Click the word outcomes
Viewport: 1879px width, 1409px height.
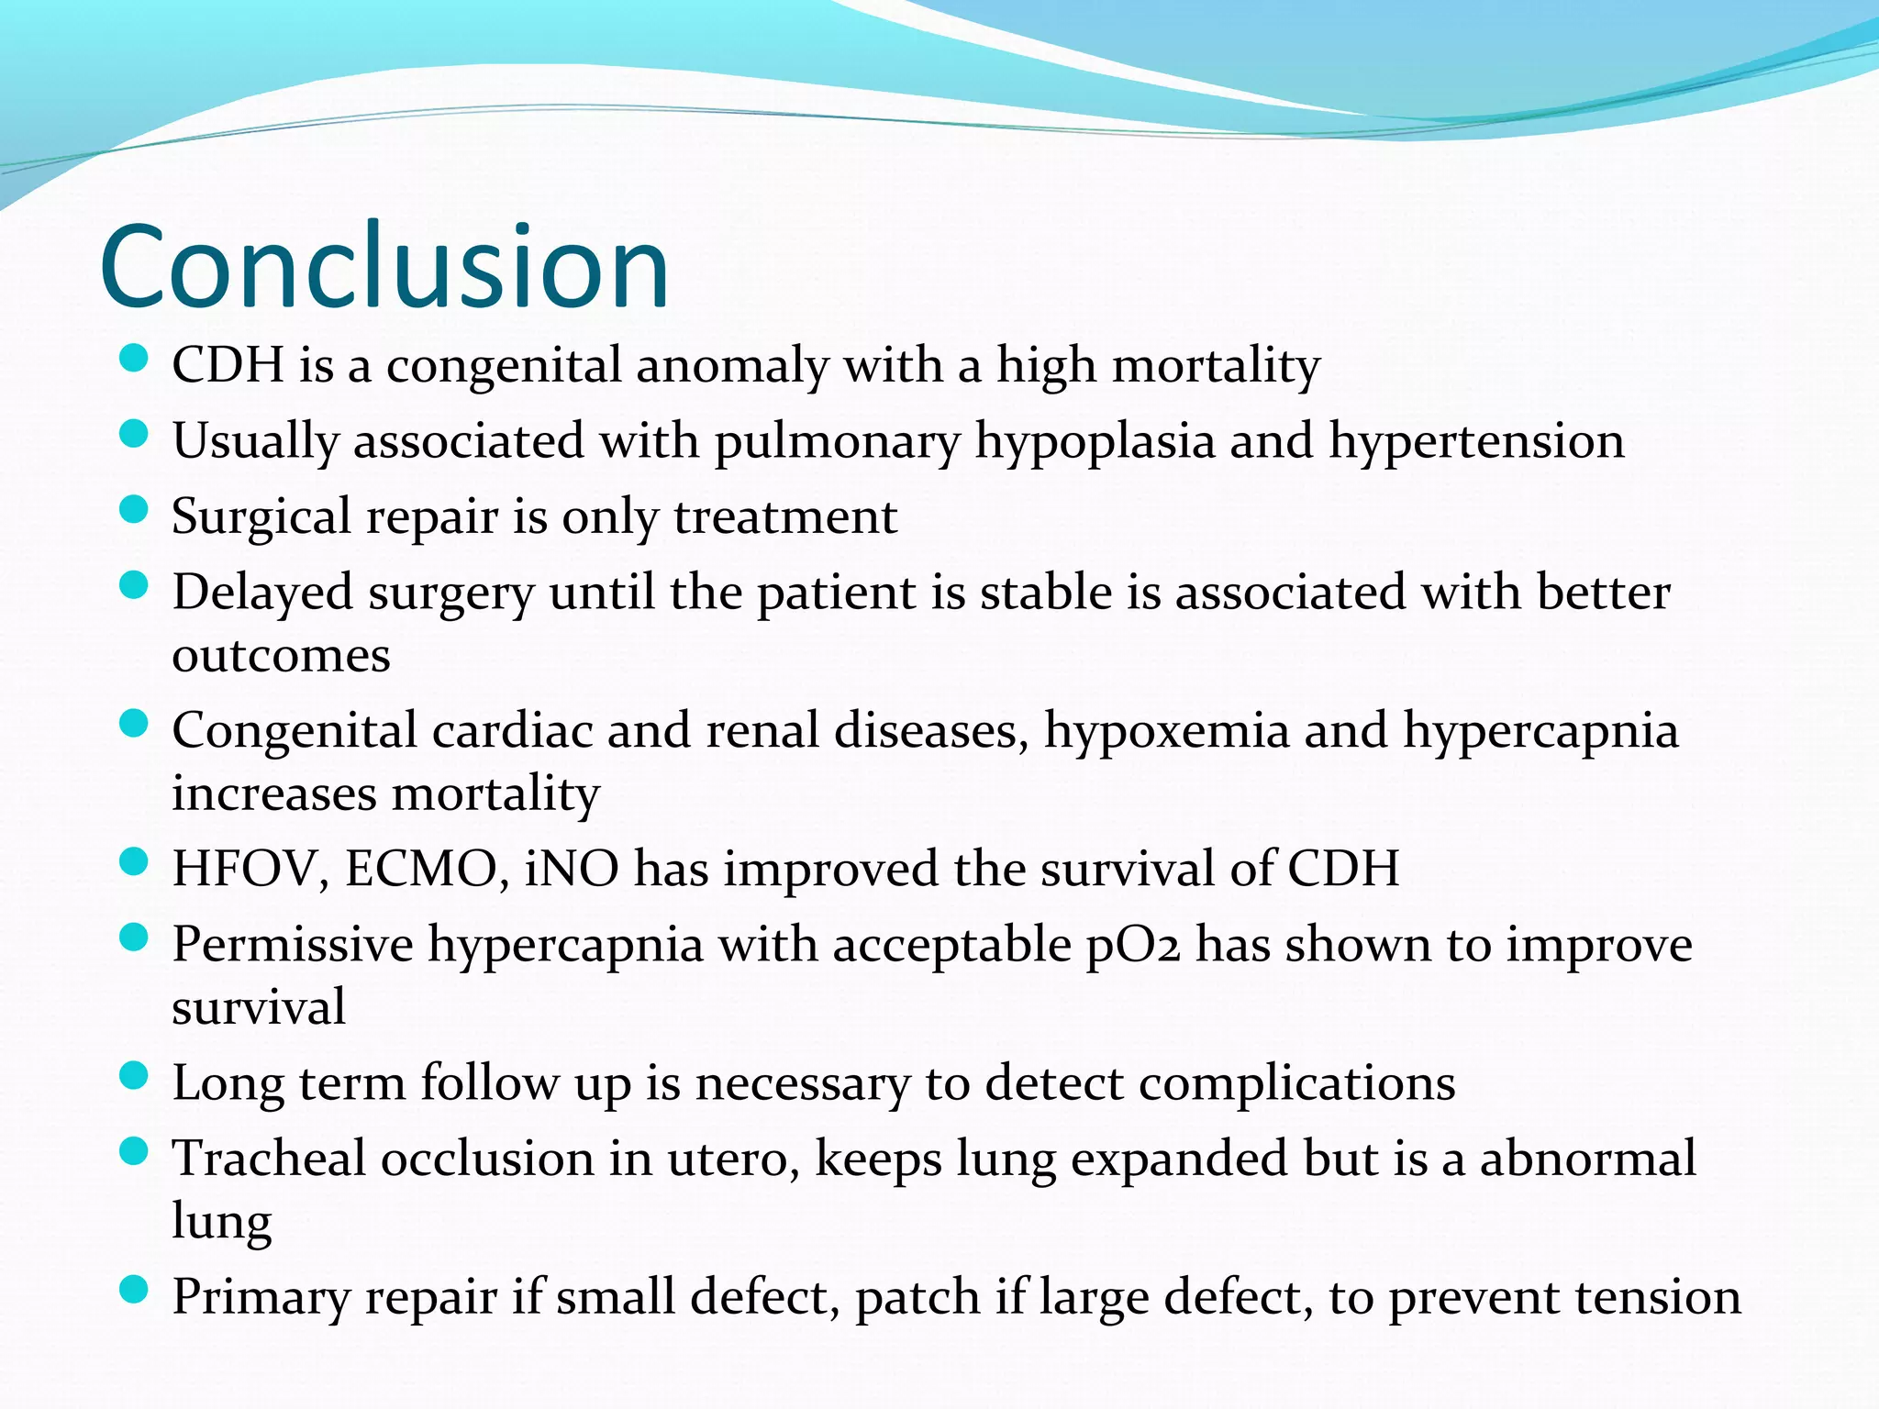click(281, 656)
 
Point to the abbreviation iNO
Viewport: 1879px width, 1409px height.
click(572, 869)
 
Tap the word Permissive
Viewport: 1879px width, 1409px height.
click(293, 945)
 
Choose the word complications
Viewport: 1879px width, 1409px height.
click(1296, 1084)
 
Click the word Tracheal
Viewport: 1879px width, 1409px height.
click(269, 1159)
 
